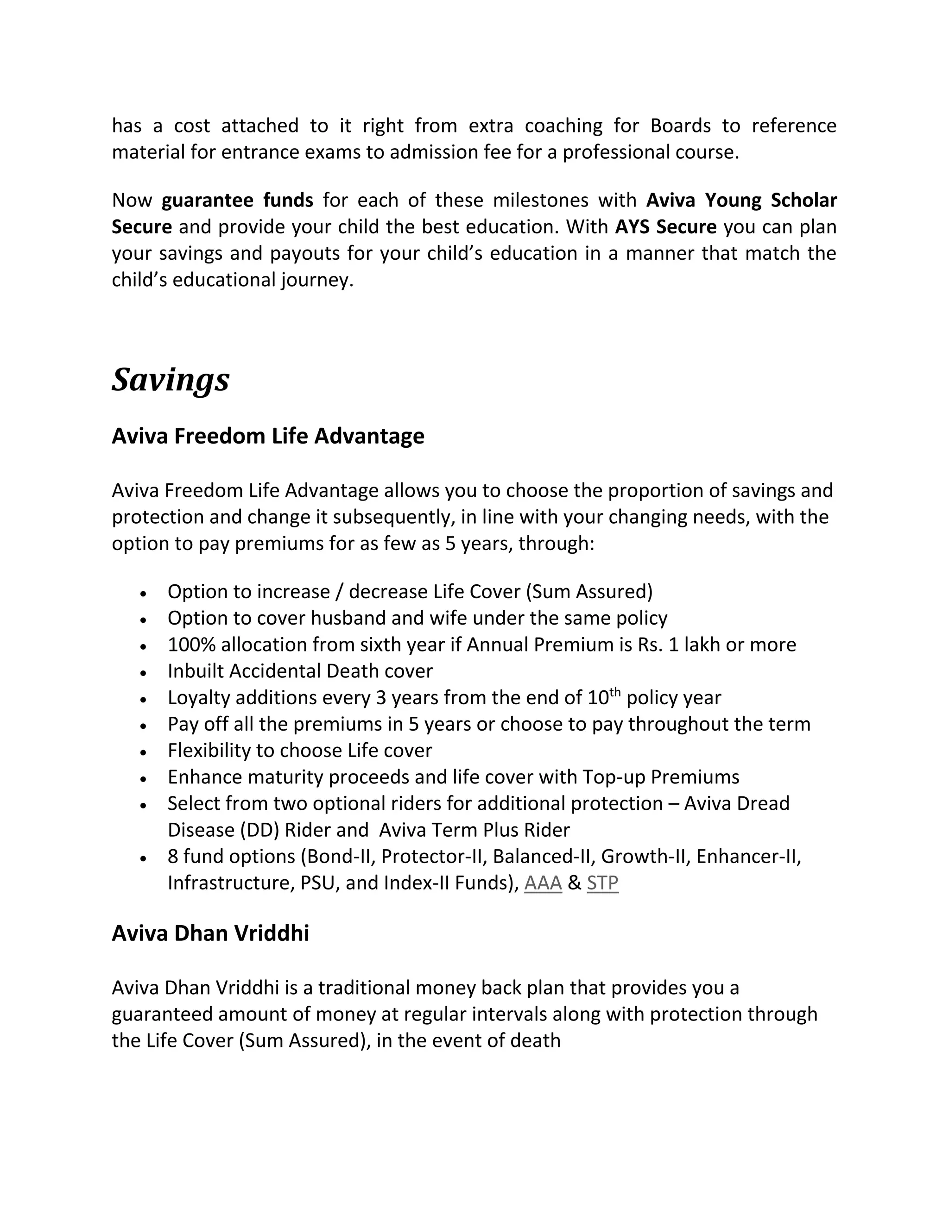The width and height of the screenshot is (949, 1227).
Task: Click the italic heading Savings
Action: [x=171, y=380]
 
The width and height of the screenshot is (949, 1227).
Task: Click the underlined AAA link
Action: [x=543, y=883]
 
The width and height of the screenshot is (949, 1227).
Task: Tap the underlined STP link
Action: [x=602, y=883]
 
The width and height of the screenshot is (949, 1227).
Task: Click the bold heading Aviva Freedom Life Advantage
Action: [x=268, y=436]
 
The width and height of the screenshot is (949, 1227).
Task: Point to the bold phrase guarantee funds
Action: [x=237, y=200]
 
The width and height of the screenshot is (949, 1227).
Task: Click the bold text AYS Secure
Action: [x=666, y=227]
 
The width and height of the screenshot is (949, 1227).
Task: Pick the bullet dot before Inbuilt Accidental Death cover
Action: [x=144, y=672]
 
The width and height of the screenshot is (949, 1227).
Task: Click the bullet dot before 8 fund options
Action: [x=144, y=858]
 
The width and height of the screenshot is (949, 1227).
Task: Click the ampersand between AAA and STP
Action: [x=574, y=883]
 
